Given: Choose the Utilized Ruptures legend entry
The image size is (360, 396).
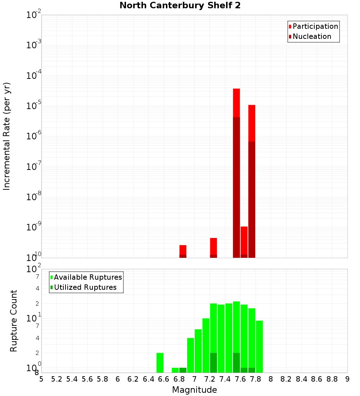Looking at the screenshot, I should [85, 287].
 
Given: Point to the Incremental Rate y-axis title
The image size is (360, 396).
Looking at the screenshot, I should [7, 136].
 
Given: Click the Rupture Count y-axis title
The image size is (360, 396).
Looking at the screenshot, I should [14, 321].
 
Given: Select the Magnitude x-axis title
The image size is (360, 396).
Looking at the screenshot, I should [194, 390].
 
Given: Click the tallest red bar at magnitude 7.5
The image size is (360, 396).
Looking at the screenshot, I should [237, 103].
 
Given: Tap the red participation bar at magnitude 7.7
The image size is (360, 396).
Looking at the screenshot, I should [252, 122].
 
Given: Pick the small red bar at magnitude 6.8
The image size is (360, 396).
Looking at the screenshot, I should [183, 249].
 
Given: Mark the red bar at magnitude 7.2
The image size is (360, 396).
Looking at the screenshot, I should [213, 246].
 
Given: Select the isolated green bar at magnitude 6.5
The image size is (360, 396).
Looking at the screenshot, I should [160, 363].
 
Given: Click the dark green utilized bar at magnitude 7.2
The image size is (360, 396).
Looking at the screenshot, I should [213, 363].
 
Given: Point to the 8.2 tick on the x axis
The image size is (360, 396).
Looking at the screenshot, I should [286, 379].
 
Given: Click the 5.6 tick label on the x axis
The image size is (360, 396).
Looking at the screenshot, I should [87, 379].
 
